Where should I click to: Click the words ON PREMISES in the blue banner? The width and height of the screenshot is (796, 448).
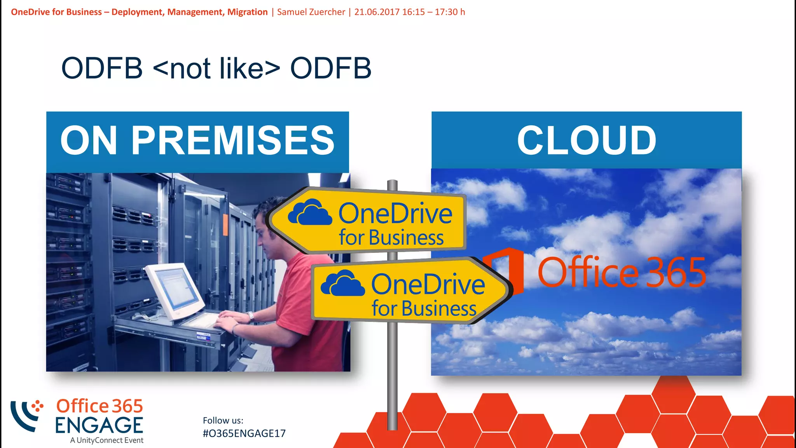(197, 140)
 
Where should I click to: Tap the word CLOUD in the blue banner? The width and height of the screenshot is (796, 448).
(587, 140)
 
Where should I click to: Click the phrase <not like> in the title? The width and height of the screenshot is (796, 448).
(216, 68)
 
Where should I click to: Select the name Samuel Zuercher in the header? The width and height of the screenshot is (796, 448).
(311, 12)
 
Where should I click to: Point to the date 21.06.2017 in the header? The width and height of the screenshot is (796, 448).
(377, 12)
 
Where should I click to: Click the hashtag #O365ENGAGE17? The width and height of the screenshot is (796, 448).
(244, 433)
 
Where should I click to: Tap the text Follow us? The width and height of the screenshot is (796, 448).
(223, 420)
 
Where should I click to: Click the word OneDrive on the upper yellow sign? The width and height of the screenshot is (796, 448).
(395, 213)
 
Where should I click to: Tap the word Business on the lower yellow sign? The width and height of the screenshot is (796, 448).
(439, 309)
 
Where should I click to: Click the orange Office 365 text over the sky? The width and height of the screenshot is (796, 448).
(621, 272)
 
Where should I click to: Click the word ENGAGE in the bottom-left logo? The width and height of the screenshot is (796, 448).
(99, 425)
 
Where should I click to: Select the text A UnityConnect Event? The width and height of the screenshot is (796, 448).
(107, 440)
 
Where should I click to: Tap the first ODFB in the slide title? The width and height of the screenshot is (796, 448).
(102, 68)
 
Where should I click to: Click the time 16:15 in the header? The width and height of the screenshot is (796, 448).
(414, 12)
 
